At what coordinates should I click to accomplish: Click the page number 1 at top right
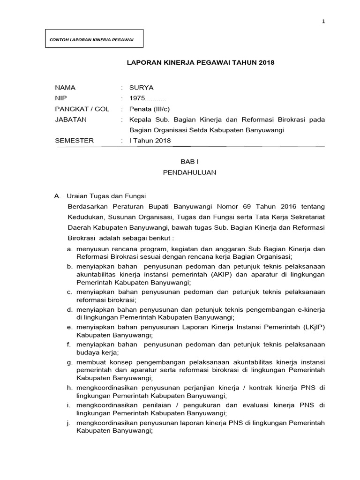pyautogui.click(x=323, y=22)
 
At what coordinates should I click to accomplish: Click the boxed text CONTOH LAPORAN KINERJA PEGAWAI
pyautogui.click(x=92, y=39)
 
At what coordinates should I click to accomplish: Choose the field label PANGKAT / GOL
pyautogui.click(x=82, y=109)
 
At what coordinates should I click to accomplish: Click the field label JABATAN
pyautogui.click(x=71, y=120)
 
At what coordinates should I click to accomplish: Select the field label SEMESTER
pyautogui.click(x=74, y=141)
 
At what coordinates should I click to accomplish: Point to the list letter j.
pyautogui.click(x=69, y=423)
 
